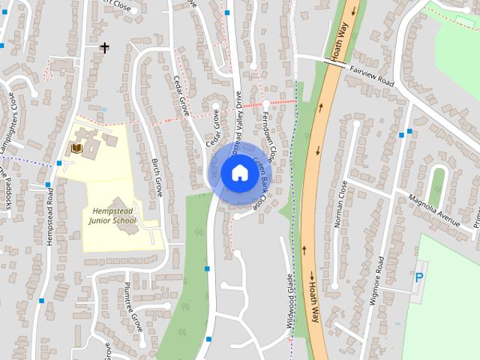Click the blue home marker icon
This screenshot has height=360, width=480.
pyautogui.click(x=239, y=173)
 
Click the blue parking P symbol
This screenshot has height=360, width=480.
pyautogui.click(x=418, y=277)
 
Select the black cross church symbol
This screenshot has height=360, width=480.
pyautogui.click(x=105, y=48)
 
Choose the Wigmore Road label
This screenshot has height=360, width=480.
pyautogui.click(x=380, y=278)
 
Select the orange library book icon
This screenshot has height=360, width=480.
pyautogui.click(x=75, y=149)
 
